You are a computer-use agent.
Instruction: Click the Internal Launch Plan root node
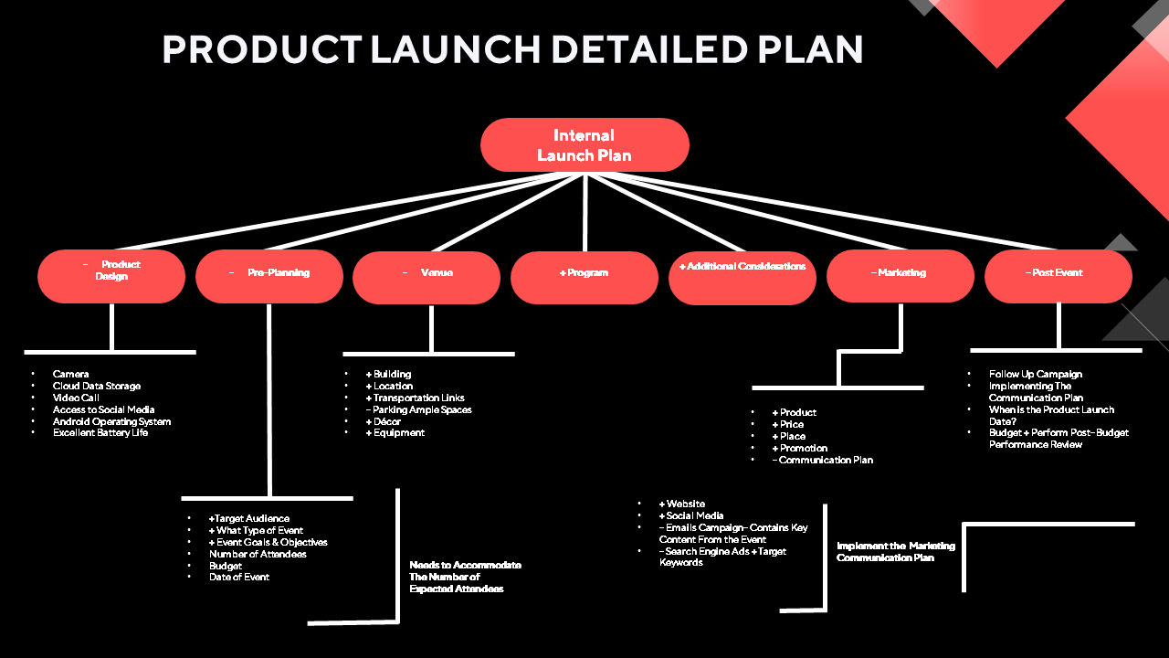(584, 145)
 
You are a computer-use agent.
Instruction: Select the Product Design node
(111, 276)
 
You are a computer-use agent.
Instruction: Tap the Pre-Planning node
(269, 276)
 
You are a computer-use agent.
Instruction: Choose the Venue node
(427, 277)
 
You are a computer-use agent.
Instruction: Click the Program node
(584, 277)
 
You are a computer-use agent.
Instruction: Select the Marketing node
(900, 276)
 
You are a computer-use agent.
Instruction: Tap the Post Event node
(1058, 276)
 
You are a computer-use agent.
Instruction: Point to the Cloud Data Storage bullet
(96, 387)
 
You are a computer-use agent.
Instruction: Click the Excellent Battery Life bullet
(100, 433)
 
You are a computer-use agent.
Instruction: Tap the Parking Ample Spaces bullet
(419, 410)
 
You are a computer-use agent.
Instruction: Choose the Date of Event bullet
(239, 578)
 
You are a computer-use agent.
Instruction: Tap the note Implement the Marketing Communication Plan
(895, 552)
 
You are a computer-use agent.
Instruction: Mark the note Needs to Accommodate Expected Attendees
(465, 578)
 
